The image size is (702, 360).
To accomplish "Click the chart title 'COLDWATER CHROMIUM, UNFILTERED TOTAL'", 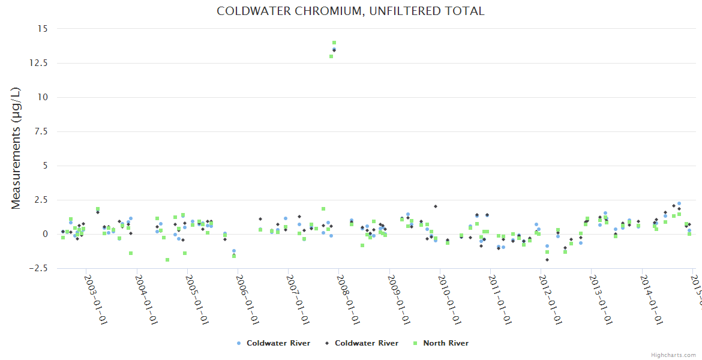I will coord(350,11).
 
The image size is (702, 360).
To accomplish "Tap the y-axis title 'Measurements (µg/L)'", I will coord(16,148).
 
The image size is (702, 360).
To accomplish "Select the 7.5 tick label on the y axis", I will coord(41,131).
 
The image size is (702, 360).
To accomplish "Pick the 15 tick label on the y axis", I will coord(43,28).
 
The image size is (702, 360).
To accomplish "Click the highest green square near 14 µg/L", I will coord(334,43).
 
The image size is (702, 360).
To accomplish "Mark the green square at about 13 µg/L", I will coord(331,56).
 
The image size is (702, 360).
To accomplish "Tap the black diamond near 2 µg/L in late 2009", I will coord(436,206).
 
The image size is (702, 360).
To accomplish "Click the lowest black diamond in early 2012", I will coord(547,259).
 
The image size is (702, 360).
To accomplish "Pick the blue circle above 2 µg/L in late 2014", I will coord(679,203).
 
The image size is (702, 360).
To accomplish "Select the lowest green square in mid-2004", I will coord(167,260).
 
